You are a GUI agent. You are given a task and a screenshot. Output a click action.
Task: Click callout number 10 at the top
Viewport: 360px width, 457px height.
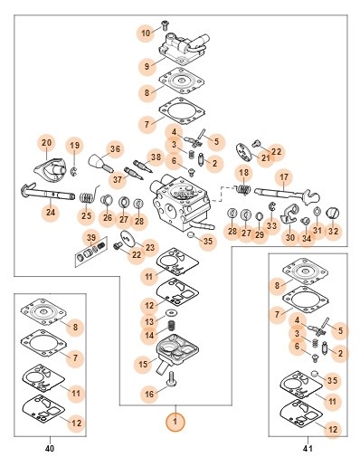pos(146,33)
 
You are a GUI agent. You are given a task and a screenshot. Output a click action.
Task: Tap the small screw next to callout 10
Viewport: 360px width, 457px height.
pos(165,24)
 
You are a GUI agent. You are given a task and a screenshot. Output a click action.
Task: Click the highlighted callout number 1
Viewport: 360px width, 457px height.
pos(175,422)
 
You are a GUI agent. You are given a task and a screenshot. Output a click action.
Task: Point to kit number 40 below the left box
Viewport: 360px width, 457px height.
pos(50,448)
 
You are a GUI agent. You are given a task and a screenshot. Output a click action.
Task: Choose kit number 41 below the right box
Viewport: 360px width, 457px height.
pos(308,448)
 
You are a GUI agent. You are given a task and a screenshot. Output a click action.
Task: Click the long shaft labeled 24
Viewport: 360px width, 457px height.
pos(48,193)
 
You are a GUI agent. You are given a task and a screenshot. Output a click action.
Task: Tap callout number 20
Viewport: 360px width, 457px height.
pos(46,143)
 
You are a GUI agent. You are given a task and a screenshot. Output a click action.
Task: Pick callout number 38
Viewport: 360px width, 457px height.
pos(156,157)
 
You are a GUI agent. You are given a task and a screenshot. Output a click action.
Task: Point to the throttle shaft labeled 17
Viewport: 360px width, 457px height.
pos(287,195)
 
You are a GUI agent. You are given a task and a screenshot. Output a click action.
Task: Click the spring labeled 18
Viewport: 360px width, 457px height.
pos(243,189)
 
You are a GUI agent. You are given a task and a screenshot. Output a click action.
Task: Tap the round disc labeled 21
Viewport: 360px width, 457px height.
pos(245,151)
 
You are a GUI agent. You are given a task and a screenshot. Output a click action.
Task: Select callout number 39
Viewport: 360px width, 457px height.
pos(91,238)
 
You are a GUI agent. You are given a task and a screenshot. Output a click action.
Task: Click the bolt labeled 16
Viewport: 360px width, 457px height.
pos(171,379)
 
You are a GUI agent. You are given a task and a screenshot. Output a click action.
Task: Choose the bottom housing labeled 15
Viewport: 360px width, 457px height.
pos(177,351)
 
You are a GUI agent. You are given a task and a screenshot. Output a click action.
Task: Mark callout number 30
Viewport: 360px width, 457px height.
pos(290,238)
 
